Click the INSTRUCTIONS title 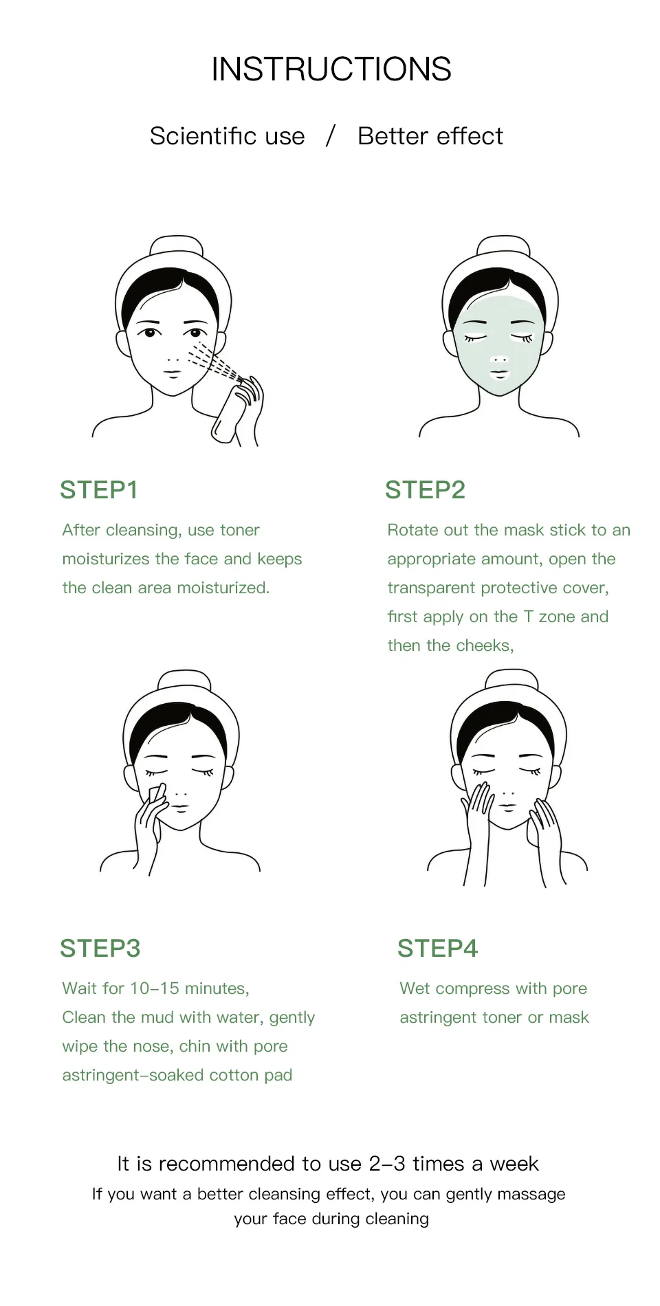[x=331, y=69]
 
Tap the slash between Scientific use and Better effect [x=331, y=135]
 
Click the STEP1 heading [x=99, y=490]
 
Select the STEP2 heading [x=425, y=490]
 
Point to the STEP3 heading [x=100, y=949]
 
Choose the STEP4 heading [x=437, y=949]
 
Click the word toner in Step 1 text [x=239, y=530]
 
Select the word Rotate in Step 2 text [x=413, y=530]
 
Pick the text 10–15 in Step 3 [x=155, y=988]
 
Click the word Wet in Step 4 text [x=415, y=988]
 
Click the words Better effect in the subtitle [x=430, y=136]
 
